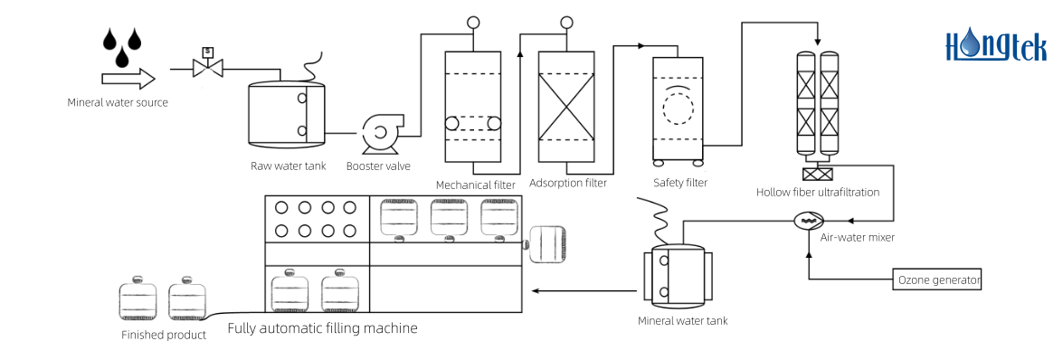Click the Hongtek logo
(x=995, y=45)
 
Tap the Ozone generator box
(x=937, y=279)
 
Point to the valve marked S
(x=207, y=65)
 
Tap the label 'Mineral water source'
(x=118, y=102)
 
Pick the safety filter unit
(x=678, y=109)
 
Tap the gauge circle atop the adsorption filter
(x=566, y=23)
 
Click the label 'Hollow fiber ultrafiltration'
(x=818, y=192)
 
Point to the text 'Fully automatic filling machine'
(x=322, y=327)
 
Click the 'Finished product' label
(x=164, y=335)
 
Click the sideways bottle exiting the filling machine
(x=546, y=244)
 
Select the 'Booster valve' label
(x=378, y=166)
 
